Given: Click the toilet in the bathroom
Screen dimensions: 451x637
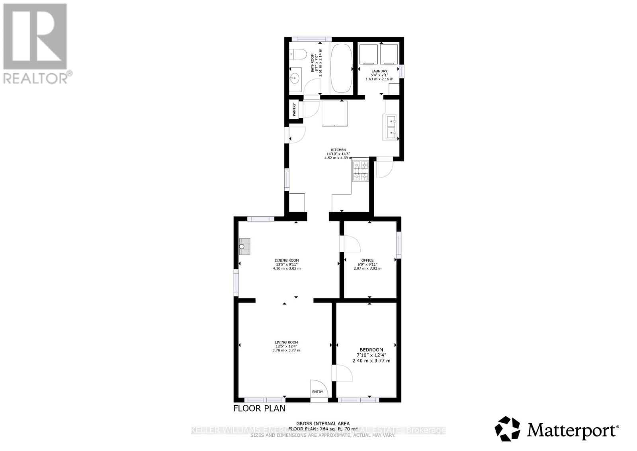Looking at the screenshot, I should tap(297, 53).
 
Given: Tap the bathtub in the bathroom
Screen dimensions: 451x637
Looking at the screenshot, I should tap(341, 69).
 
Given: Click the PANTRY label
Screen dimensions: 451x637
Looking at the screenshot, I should tap(295, 110).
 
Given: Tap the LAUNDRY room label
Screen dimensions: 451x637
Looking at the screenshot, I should tap(379, 71).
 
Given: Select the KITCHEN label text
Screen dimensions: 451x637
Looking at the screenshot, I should tap(338, 150).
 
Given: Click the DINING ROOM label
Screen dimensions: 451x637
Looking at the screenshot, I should tap(287, 261).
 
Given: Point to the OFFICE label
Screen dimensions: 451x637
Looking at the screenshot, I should tap(367, 261).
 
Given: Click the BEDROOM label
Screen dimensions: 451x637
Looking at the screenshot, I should tap(371, 350).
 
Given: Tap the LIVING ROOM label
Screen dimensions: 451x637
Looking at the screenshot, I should tap(286, 342).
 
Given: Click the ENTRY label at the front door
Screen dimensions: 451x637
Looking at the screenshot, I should tap(318, 392).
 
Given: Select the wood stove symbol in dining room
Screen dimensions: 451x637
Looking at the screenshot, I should tap(244, 246).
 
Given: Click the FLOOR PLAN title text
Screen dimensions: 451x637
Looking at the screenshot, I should tap(259, 408).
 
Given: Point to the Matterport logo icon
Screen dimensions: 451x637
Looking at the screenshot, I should tap(507, 429).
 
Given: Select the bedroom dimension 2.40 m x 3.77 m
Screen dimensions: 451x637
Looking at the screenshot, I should tap(371, 361).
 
